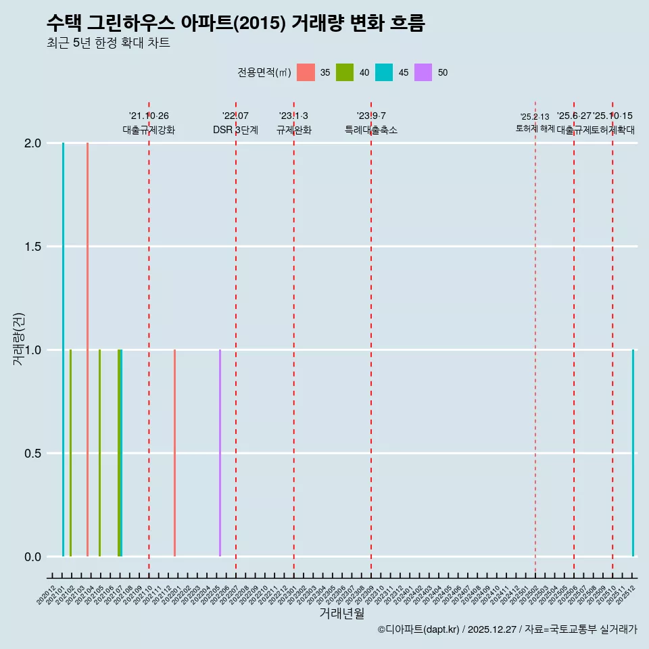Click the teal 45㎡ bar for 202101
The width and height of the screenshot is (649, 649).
click(63, 350)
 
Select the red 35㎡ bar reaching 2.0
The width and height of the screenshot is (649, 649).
click(87, 350)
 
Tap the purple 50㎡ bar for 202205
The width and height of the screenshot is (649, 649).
click(220, 453)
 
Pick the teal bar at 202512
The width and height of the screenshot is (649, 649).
click(633, 453)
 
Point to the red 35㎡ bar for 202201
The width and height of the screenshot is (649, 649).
click(174, 453)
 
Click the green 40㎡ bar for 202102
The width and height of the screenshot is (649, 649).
click(70, 453)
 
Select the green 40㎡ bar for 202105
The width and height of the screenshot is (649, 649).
click(99, 453)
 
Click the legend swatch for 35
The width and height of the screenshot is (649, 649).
click(306, 72)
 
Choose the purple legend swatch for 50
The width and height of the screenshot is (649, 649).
click(423, 72)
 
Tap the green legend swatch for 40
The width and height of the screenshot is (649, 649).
click(345, 72)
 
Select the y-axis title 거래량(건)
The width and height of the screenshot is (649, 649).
click(19, 338)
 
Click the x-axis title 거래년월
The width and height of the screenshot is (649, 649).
click(341, 614)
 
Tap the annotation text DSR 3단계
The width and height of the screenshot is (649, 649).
click(235, 130)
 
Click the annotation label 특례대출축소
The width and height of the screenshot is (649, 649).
click(371, 130)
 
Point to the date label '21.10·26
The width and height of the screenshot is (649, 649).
click(149, 116)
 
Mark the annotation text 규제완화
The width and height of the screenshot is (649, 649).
click(294, 130)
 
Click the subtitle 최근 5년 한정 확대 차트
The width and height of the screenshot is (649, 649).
click(108, 43)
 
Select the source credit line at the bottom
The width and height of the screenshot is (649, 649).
click(507, 629)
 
